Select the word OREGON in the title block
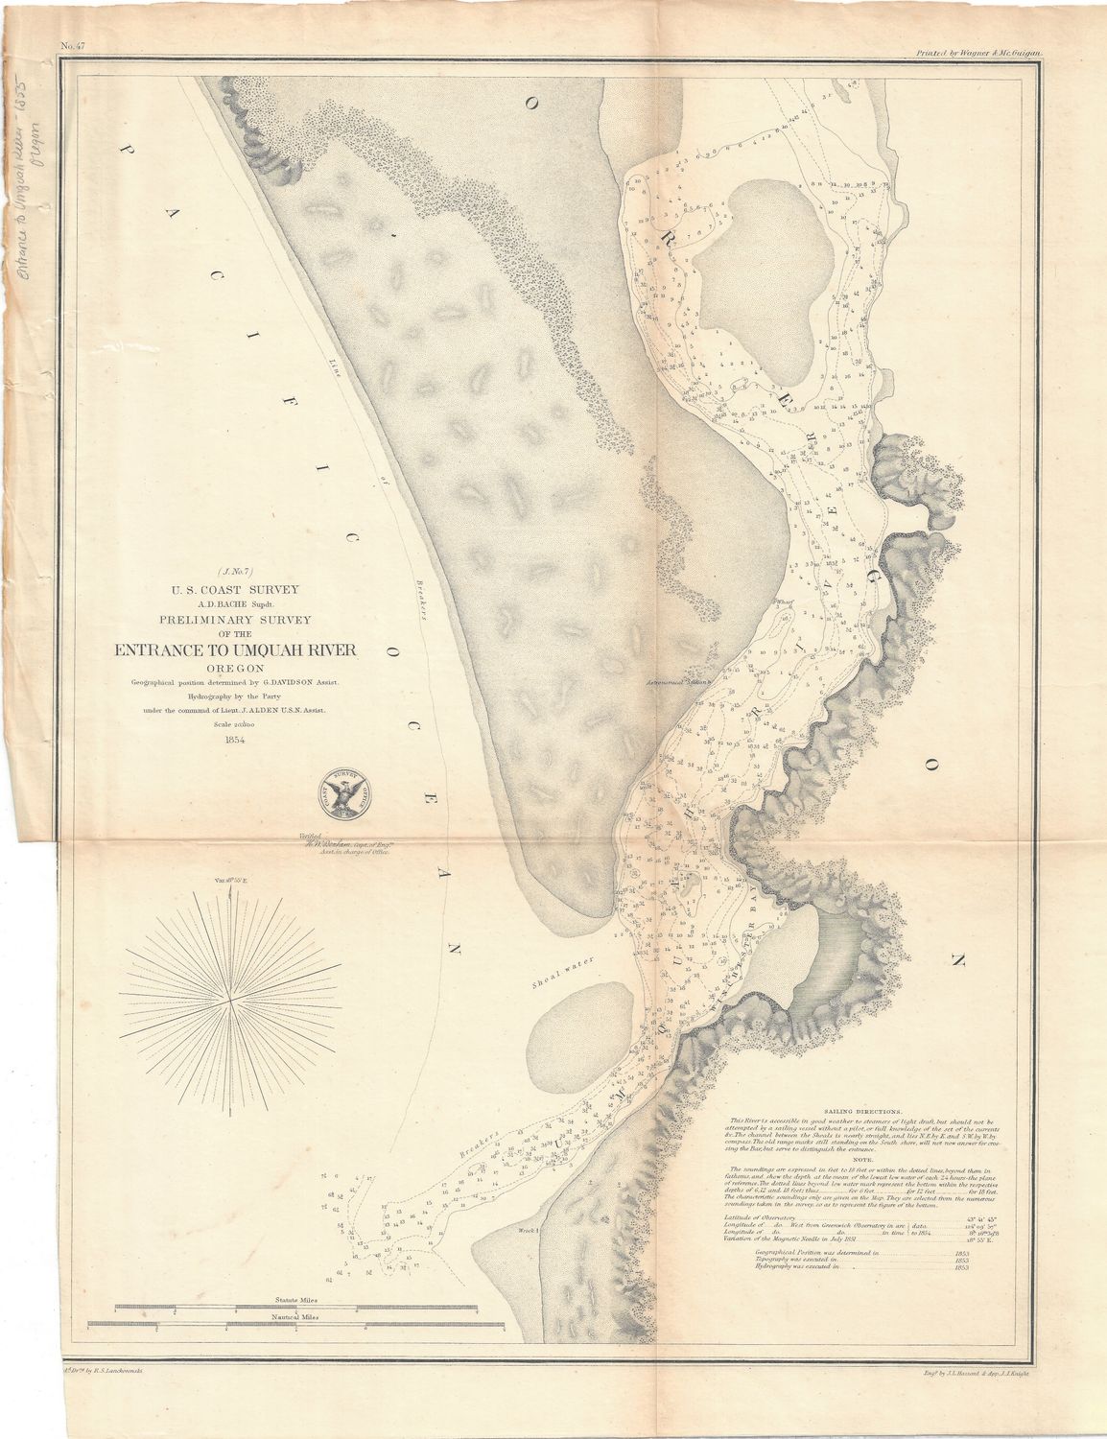coord(235,669)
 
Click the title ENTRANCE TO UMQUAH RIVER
coord(235,650)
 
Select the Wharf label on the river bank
coord(786,603)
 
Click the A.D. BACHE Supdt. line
coord(235,602)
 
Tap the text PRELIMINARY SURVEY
coord(235,618)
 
